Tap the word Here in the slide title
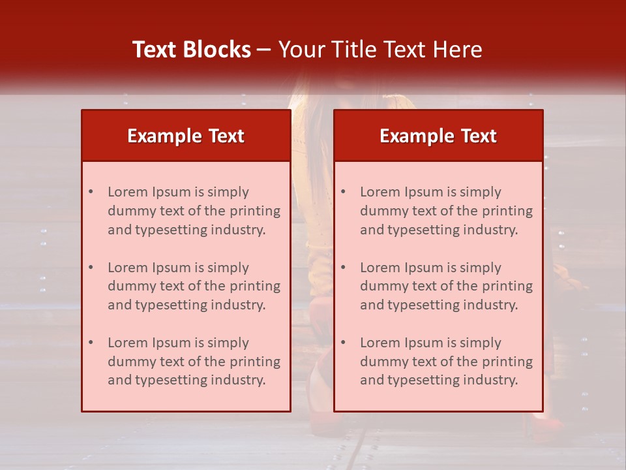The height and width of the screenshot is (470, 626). coord(458,50)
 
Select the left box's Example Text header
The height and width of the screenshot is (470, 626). coord(186,136)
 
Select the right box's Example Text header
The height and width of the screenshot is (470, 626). coord(438,136)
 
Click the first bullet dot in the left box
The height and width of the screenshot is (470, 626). coord(91,192)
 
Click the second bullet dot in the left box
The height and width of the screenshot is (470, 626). coord(91,268)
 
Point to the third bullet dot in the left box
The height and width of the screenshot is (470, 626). coord(91,343)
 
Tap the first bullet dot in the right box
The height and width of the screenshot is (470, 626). coord(343,192)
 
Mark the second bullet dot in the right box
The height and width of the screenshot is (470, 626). coord(343,268)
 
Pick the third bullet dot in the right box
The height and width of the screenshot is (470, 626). coord(343,343)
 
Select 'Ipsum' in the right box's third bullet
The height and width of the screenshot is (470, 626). coord(425,343)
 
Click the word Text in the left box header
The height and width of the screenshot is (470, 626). coord(226,136)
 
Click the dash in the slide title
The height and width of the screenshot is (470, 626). coord(264,50)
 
